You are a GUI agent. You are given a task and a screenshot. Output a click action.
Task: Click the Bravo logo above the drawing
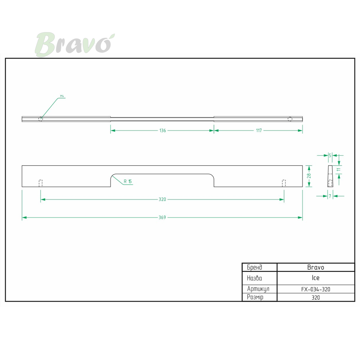[74, 44]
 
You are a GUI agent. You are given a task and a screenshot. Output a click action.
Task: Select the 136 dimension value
[162, 130]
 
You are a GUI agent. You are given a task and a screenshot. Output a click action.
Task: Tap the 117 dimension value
[259, 130]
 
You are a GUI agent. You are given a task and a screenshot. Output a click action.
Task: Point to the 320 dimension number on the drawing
[162, 199]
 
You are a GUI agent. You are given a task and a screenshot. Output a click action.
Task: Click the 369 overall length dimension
[162, 217]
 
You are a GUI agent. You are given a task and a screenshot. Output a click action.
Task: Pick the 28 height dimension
[309, 176]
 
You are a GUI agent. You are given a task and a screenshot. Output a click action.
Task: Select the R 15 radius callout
[127, 181]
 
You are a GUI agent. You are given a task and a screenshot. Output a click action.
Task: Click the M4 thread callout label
[62, 96]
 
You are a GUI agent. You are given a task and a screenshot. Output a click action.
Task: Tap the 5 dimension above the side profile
[330, 155]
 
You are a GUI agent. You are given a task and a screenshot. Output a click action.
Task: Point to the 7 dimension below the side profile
[330, 196]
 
